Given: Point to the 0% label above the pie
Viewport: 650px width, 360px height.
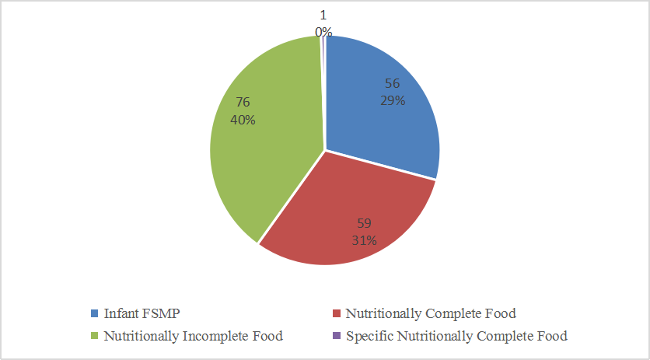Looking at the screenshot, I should click(323, 32).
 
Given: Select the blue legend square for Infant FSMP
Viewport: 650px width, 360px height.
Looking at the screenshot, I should click(94, 314).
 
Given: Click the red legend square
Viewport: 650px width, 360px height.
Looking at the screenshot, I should click(336, 314).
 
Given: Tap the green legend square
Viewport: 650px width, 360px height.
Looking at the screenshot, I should click(94, 337).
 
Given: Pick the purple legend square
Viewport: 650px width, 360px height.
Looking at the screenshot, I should click(336, 337).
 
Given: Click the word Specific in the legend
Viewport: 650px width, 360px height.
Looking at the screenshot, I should click(369, 337).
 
